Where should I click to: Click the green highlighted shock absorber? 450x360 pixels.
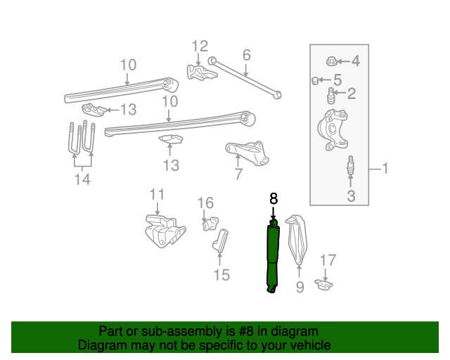point(272,256)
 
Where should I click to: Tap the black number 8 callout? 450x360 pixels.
point(274,199)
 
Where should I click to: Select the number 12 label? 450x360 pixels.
point(200,46)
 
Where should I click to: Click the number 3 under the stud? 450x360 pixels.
point(350,196)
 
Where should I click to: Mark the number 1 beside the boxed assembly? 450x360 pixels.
point(385,168)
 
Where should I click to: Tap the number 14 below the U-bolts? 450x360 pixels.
point(82,179)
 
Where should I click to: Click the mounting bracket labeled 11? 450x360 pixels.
point(163,231)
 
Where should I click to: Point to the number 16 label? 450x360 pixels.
point(205,203)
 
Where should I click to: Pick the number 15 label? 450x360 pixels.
point(221,275)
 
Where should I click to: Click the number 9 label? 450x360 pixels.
point(300,288)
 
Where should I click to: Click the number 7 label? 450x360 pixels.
point(238,174)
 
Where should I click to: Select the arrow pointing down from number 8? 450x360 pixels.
point(274,212)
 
